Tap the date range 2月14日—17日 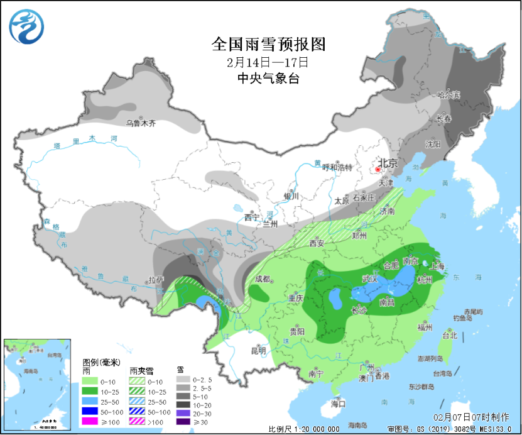[x=268, y=62]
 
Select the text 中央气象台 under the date [x=268, y=78]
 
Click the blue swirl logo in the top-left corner [x=27, y=27]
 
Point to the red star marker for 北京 [x=378, y=169]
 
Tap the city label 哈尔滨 [x=449, y=95]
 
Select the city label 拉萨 [x=155, y=279]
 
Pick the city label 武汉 [x=371, y=278]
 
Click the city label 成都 [x=263, y=279]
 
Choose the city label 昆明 [x=258, y=350]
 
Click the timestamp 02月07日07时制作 [x=473, y=417]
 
